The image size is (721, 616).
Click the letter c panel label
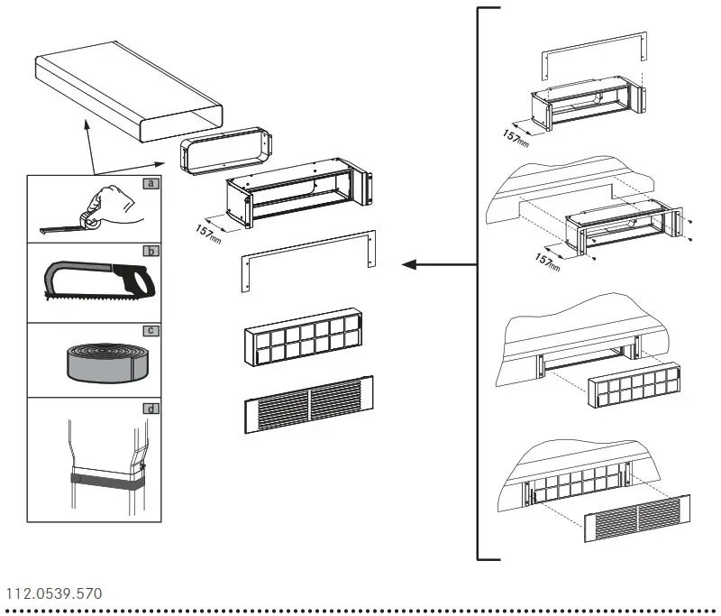(152, 330)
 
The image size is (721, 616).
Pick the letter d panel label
(152, 409)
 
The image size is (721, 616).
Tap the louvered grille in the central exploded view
(308, 404)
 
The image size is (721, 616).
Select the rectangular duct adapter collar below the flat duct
(225, 152)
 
